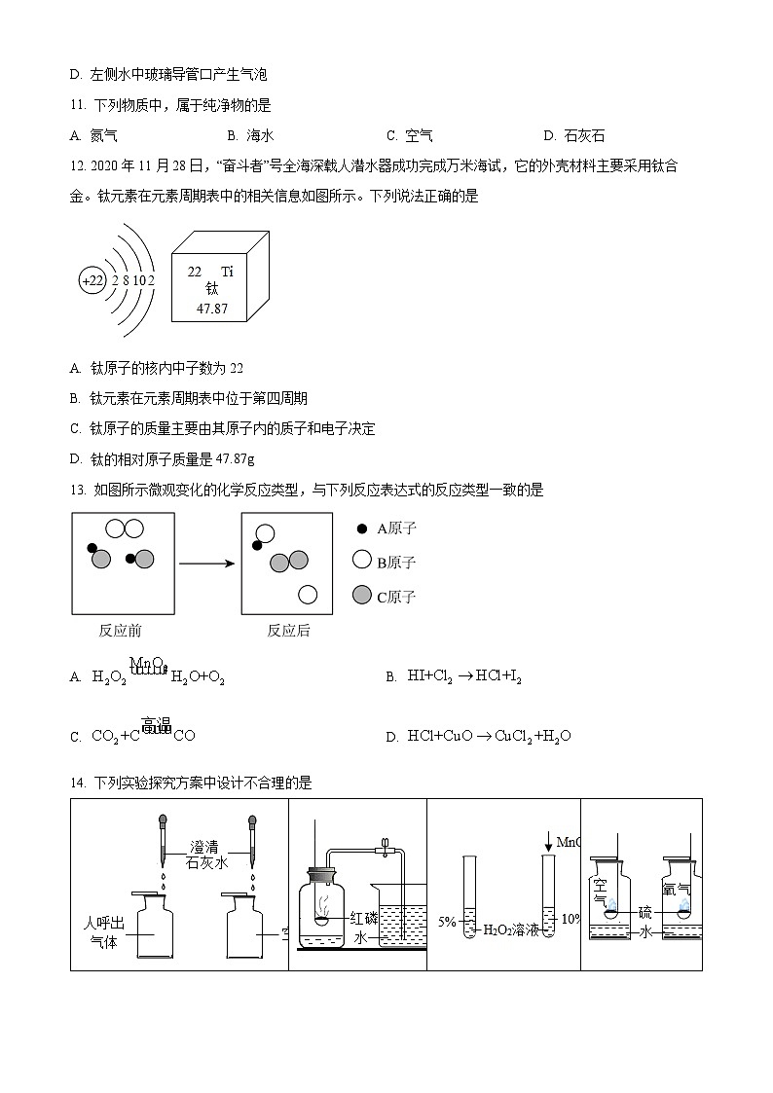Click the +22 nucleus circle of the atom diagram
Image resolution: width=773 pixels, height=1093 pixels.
tap(92, 281)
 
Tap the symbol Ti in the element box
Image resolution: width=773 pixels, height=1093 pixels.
tap(227, 272)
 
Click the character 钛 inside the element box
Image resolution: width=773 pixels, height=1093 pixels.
tap(211, 289)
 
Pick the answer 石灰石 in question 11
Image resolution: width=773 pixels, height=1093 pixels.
tap(584, 136)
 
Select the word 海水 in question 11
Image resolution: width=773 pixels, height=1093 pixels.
tap(260, 136)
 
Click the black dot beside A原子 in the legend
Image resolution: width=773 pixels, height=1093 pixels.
tap(362, 528)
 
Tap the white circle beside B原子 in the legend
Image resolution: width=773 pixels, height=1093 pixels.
tap(362, 561)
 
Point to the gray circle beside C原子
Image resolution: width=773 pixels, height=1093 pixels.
tap(362, 596)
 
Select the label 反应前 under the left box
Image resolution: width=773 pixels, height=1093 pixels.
tap(121, 631)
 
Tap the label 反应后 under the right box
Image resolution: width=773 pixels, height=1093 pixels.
tap(288, 631)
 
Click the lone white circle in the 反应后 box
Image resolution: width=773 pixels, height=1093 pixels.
tap(308, 594)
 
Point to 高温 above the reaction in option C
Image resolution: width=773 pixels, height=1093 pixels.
tap(156, 724)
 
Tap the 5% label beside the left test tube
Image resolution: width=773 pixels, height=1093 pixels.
tap(447, 921)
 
